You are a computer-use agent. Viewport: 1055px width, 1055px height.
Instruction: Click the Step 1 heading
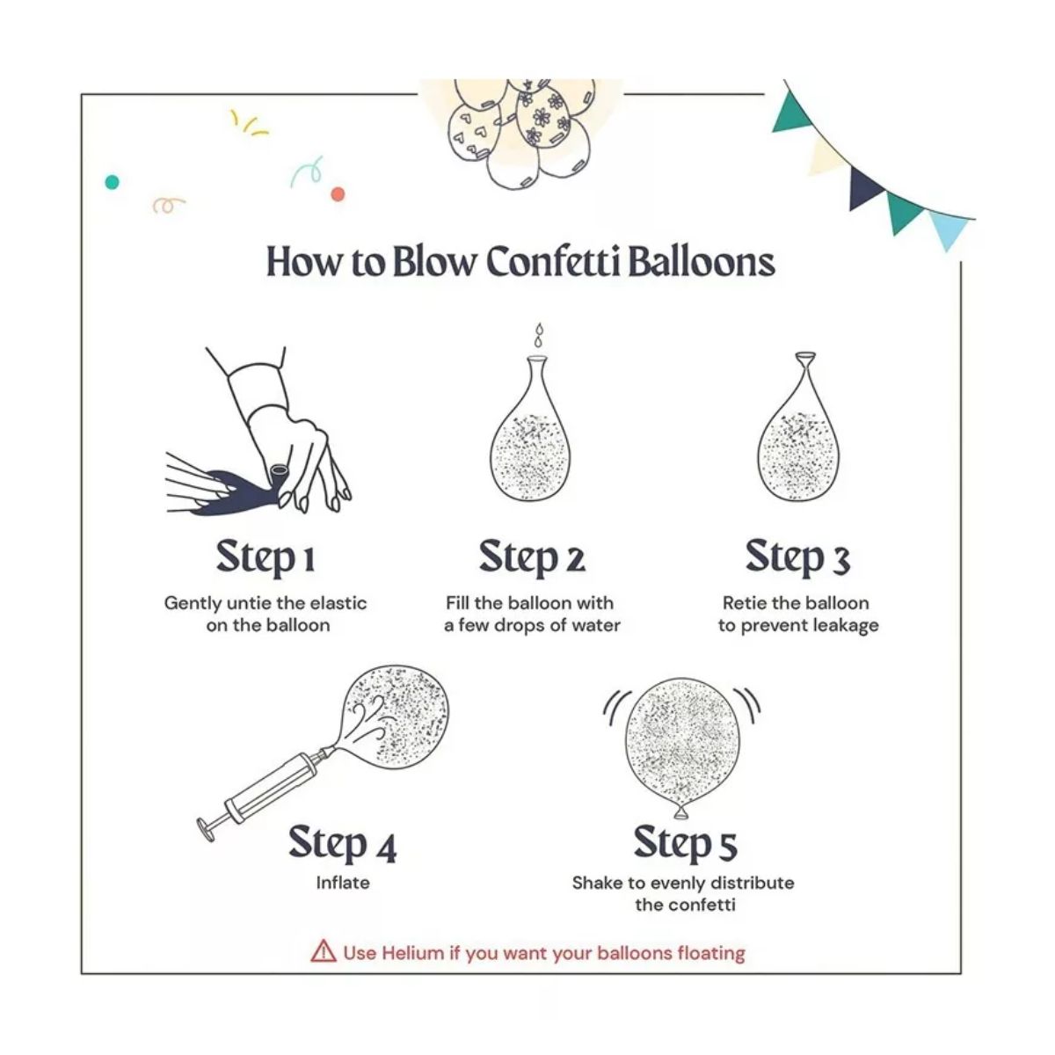(266, 558)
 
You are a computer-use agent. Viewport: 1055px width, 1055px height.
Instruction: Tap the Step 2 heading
(532, 558)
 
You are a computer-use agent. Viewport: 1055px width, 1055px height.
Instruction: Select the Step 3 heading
(798, 558)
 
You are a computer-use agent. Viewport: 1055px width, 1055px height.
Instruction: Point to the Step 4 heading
(342, 844)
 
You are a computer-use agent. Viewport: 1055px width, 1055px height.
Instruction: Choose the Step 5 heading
(686, 844)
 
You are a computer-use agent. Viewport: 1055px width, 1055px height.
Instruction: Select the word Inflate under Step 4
(343, 883)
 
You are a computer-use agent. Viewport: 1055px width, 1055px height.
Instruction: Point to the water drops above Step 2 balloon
(539, 334)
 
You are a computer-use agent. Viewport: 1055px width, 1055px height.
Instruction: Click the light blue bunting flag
(949, 229)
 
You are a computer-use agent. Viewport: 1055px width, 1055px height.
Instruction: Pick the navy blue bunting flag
(864, 187)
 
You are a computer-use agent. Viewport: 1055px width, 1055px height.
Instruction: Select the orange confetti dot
(338, 193)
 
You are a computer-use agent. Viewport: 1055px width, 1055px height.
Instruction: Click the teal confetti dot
(112, 182)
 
